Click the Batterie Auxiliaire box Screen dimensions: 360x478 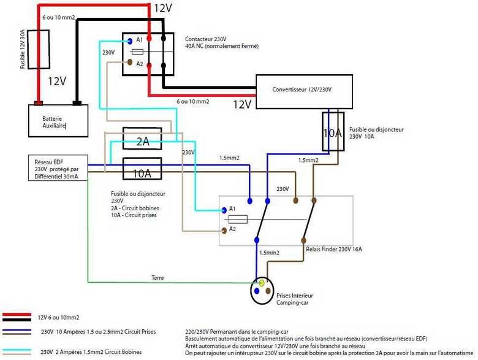(58, 120)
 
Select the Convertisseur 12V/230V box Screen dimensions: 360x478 (303, 92)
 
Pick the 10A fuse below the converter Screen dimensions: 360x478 (333, 131)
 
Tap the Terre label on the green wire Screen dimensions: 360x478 (157, 278)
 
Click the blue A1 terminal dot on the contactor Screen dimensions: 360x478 (130, 41)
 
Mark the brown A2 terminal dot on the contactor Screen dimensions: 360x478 (130, 63)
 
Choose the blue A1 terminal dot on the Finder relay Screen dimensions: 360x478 (223, 208)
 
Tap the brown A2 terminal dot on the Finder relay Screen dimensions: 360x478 (223, 231)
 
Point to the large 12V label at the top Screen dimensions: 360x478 (162, 9)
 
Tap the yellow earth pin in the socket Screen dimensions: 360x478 (262, 283)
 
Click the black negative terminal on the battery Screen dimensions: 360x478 (77, 102)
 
